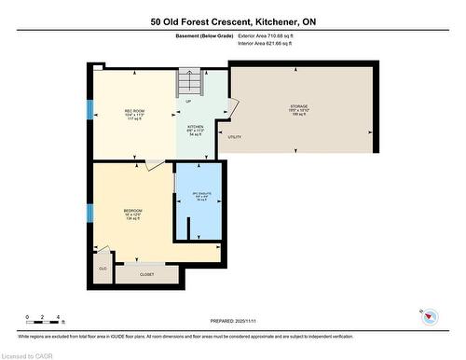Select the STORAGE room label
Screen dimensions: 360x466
click(x=297, y=107)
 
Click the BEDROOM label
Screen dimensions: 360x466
click(x=132, y=212)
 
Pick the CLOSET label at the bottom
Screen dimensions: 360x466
click(x=147, y=274)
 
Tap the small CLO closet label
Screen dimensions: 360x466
click(x=103, y=268)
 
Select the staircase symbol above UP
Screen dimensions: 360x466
click(x=190, y=83)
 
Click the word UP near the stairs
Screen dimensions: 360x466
click(x=189, y=101)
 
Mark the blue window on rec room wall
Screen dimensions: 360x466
click(x=90, y=109)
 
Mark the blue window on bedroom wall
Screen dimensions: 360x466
click(x=90, y=211)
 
